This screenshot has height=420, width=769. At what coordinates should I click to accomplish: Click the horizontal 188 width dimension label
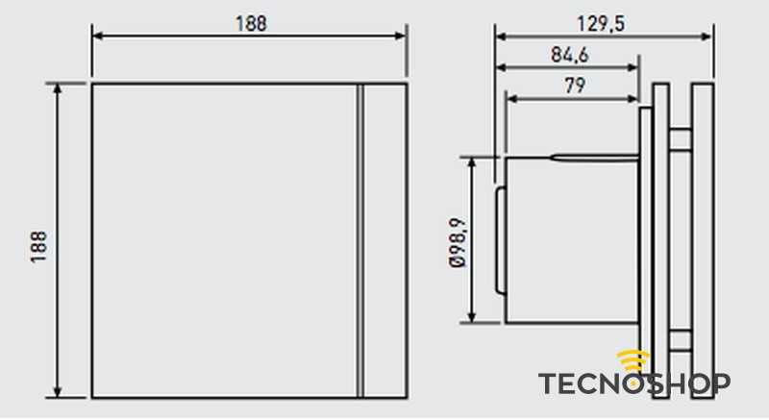pyautogui.click(x=251, y=23)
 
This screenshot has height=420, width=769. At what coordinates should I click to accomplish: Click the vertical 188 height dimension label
pyautogui.click(x=38, y=248)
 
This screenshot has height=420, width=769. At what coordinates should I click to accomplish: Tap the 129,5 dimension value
pyautogui.click(x=601, y=24)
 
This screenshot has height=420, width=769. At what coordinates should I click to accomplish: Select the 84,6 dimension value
pyautogui.click(x=569, y=55)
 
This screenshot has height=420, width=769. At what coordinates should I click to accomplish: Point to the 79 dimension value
pyautogui.click(x=575, y=86)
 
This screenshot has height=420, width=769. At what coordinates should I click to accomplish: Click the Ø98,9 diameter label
pyautogui.click(x=458, y=242)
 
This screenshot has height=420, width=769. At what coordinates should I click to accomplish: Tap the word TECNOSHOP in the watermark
pyautogui.click(x=634, y=383)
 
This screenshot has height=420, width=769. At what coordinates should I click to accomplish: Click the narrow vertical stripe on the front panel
pyautogui.click(x=360, y=240)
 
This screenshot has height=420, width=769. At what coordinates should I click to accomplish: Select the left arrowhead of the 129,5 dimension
pyautogui.click(x=501, y=37)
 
